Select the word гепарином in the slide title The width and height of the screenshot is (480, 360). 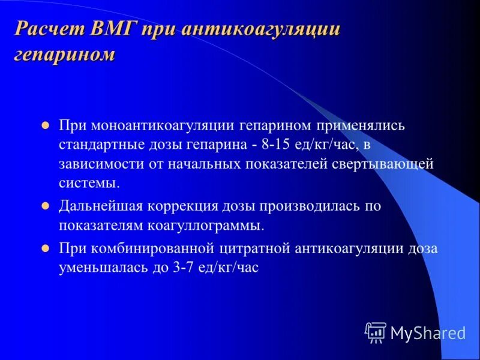point(64,55)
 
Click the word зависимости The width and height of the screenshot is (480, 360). point(99,164)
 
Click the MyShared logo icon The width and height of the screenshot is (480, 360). point(376,332)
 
